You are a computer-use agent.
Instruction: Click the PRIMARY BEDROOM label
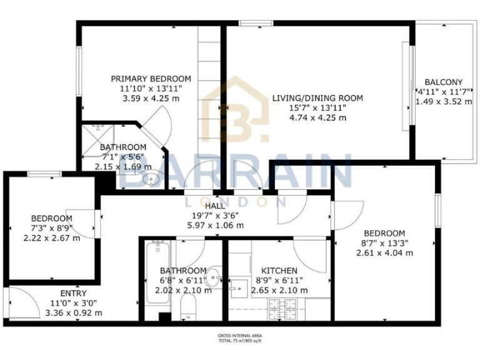tap(151, 79)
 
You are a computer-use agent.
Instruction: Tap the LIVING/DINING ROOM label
tap(317, 98)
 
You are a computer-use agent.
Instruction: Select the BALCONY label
tap(443, 82)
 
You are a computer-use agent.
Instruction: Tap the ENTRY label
tap(73, 293)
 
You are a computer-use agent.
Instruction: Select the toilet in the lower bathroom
tap(187, 307)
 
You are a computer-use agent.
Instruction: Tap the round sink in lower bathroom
tap(214, 275)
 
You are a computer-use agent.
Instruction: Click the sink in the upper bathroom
tap(151, 181)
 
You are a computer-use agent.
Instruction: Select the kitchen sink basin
tap(238, 289)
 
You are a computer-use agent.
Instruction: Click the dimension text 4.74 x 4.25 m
tap(317, 117)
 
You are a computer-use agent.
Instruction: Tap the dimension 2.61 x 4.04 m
tap(384, 253)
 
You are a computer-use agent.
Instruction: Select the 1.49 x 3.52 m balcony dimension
tap(444, 101)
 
